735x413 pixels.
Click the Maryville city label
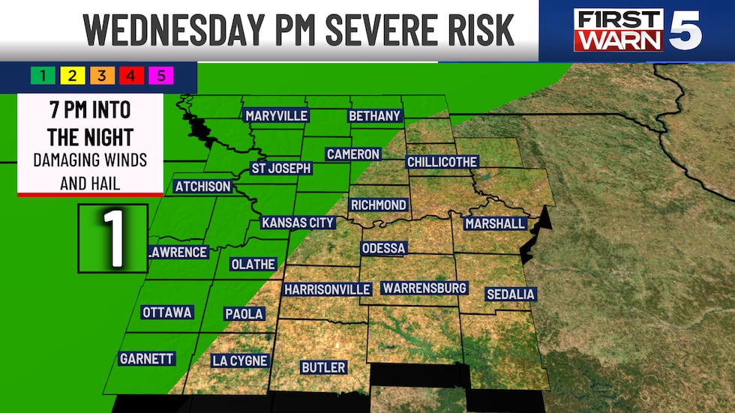276,115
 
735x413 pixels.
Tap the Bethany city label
375,115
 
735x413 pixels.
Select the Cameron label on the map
352,154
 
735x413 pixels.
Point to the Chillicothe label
442,161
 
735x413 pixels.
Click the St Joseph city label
280,168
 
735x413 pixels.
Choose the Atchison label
203,186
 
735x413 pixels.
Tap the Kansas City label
298,223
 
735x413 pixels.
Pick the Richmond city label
379,205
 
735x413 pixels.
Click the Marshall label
495,223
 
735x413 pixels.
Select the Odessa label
383,248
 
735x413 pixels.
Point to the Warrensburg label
424,288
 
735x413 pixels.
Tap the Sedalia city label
510,294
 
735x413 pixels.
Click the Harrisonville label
327,289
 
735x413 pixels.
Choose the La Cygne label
239,361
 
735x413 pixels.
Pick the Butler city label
323,367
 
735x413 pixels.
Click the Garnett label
147,359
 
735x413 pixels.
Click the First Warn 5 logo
637,30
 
